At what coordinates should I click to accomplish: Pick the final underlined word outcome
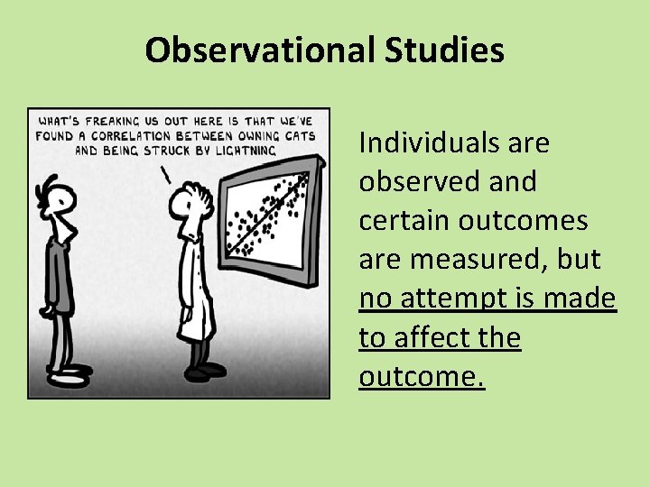pos(420,376)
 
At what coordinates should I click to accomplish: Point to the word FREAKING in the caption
pos(108,122)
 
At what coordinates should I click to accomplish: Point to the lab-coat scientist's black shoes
pos(205,369)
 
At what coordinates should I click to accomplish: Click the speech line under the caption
pos(165,173)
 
